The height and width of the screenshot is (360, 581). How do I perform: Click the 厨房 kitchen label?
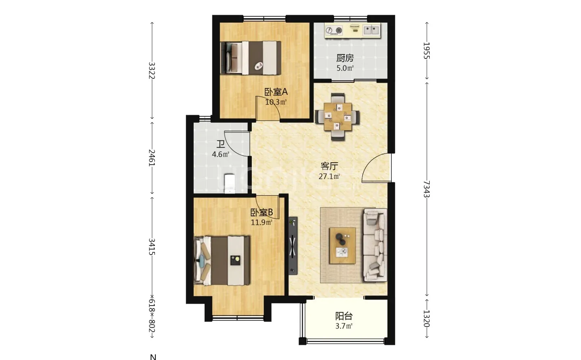[x=345, y=58]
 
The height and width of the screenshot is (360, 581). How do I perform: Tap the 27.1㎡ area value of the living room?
[x=329, y=177]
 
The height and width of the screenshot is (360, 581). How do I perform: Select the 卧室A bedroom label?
[x=276, y=92]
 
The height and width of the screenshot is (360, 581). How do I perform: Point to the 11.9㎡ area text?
[x=261, y=222]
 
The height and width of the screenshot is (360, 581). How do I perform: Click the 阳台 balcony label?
[x=344, y=316]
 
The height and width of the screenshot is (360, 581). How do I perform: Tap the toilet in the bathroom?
[x=230, y=184]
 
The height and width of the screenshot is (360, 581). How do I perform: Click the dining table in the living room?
[x=337, y=117]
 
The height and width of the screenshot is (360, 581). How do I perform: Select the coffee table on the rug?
[x=343, y=246]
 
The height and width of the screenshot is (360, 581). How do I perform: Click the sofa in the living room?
[x=375, y=245]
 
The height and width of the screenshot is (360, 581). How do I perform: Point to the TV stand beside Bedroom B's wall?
[x=293, y=246]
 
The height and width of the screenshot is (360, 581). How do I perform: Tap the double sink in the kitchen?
[x=372, y=30]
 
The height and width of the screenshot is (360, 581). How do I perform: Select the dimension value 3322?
[x=152, y=71]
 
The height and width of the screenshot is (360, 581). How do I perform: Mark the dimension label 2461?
[x=152, y=158]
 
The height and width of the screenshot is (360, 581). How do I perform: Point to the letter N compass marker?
[x=153, y=357]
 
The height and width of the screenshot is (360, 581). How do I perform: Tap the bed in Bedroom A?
[x=251, y=58]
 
